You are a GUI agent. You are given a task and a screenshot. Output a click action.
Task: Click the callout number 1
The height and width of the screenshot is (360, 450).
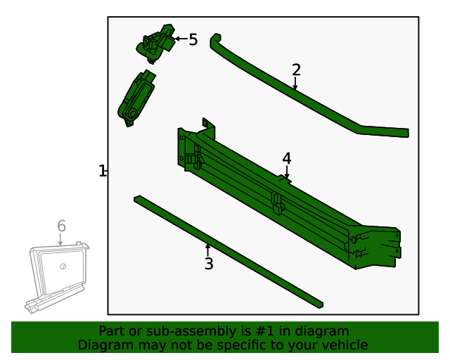[x=102, y=171]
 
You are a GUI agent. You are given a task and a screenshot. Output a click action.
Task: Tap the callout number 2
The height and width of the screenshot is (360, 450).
[x=296, y=70]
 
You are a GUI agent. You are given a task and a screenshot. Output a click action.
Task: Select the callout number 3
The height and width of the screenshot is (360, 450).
[x=209, y=264]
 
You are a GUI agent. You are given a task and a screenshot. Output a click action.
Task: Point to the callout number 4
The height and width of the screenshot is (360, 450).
[x=286, y=159]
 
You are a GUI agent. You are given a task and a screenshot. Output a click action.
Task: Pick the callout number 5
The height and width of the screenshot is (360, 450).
[x=193, y=40]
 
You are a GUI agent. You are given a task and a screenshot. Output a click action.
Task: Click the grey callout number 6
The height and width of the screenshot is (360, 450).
[x=61, y=226]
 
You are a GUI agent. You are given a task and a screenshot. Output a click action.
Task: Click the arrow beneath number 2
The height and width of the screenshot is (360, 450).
[x=295, y=84]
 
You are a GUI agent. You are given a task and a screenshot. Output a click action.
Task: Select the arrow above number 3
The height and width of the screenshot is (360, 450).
[x=207, y=249]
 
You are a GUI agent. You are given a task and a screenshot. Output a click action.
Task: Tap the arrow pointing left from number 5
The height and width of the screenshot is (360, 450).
[x=180, y=39]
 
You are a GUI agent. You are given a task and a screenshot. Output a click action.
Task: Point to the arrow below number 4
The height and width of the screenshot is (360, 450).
[x=286, y=173]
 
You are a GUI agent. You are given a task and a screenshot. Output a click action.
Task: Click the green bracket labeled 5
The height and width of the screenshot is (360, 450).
[x=156, y=44]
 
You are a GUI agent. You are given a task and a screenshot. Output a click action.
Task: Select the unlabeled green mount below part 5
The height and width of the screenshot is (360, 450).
[x=135, y=98]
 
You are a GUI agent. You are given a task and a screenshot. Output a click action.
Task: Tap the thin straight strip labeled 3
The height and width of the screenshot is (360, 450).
[x=229, y=251]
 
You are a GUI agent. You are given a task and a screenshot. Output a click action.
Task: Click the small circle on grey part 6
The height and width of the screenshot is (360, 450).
[x=63, y=266]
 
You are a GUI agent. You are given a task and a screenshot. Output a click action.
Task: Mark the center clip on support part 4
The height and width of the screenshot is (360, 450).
[x=277, y=202]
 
